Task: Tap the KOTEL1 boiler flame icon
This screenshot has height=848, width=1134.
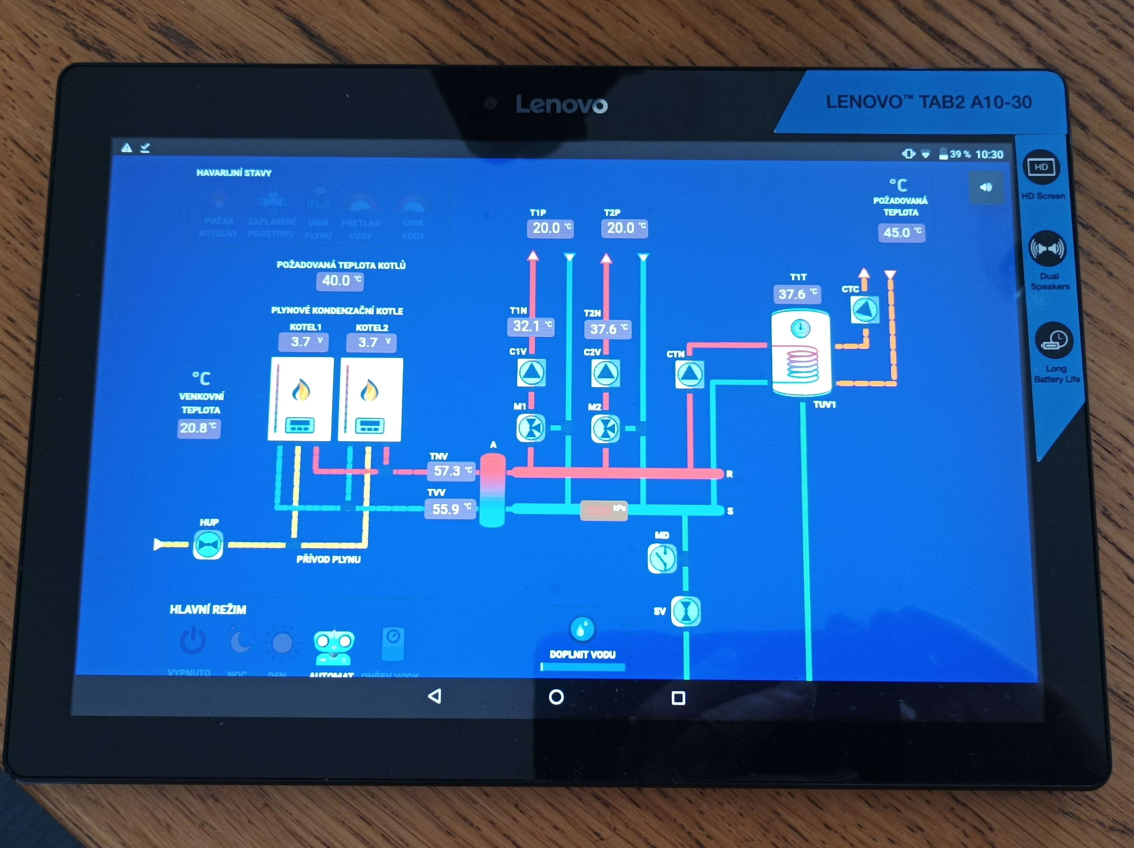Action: click(301, 391)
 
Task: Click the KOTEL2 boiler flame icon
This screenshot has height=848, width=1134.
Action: click(369, 391)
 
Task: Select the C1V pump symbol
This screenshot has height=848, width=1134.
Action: click(531, 372)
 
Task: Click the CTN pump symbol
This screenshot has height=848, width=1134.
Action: click(689, 374)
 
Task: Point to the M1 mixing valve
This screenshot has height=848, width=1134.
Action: click(531, 428)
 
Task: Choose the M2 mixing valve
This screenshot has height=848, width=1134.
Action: click(606, 428)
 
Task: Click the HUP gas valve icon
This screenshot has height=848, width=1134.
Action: click(208, 545)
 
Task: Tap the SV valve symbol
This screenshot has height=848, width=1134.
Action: click(686, 611)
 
